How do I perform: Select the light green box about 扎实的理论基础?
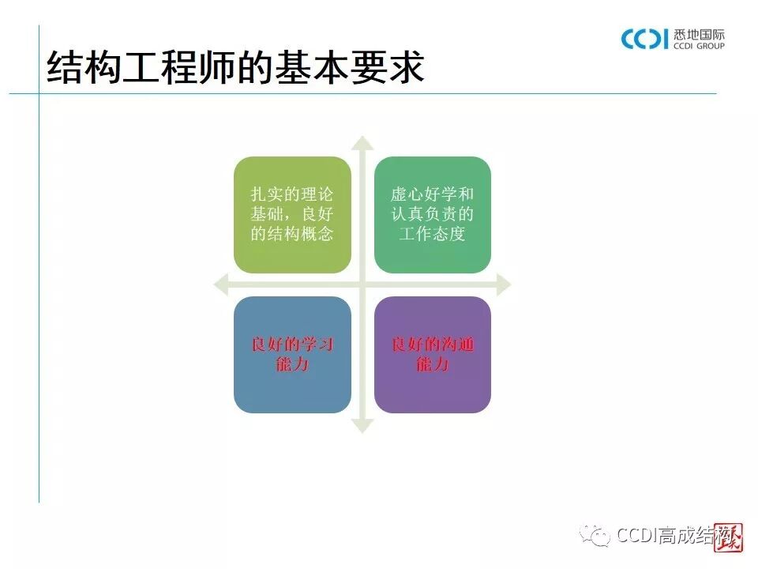point(292,214)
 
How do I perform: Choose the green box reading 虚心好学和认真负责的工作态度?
point(432,214)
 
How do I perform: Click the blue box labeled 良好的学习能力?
point(292,354)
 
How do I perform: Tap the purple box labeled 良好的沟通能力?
point(432,354)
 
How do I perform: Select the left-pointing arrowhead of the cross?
point(221,284)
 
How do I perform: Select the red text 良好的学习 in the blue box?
point(292,345)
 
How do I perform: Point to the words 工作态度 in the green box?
point(432,234)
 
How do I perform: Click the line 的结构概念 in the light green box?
point(292,234)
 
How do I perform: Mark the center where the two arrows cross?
point(362,284)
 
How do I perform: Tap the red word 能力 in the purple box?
point(432,364)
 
